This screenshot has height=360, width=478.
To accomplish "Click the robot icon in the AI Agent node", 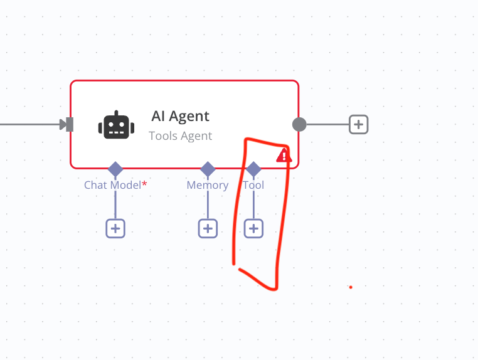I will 116,125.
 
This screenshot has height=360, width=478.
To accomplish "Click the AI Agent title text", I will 181,116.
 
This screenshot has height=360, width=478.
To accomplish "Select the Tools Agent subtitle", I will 181,135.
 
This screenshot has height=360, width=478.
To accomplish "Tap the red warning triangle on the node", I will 284,156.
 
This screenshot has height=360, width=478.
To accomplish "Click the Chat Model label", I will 112,185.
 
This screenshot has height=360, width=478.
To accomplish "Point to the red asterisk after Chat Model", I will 144,184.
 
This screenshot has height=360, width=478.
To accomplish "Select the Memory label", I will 208,185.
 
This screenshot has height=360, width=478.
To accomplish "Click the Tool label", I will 253,185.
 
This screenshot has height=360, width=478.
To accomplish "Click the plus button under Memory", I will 208,228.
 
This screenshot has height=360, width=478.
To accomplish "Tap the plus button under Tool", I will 253,228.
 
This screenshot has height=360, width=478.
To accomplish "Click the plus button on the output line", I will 358,124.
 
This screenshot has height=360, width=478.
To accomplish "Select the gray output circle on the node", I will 299,124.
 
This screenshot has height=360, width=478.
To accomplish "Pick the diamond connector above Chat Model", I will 115,169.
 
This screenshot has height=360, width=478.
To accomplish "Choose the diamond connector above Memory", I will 208,169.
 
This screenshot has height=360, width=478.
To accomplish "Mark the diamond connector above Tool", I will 253,169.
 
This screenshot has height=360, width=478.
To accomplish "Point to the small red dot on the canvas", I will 351,287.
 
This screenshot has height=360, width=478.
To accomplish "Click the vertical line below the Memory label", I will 208,205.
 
